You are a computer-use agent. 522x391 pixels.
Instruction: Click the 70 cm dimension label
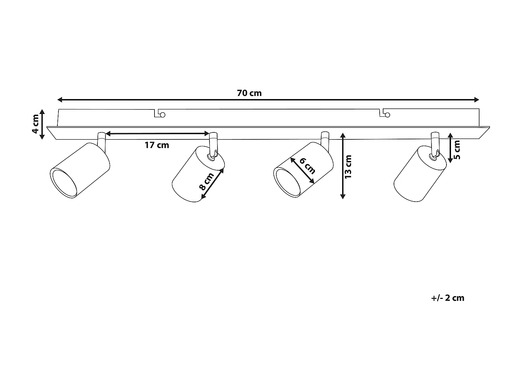[x=249, y=93]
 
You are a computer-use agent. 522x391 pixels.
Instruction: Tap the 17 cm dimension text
[x=157, y=145]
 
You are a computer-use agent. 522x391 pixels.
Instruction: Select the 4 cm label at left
[x=35, y=124]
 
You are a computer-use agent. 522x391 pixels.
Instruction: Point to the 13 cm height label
[x=348, y=167]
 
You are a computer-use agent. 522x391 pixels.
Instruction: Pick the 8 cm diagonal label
[x=206, y=182]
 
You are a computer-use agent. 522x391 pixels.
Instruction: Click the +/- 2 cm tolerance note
[x=448, y=298]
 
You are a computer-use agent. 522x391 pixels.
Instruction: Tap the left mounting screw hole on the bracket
[x=162, y=115]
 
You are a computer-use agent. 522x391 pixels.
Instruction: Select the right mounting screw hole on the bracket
[x=387, y=115]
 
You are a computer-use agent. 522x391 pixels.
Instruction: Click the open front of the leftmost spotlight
[x=64, y=183]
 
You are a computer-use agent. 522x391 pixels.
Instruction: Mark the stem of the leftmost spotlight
[x=102, y=140]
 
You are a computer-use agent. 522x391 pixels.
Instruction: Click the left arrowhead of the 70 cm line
[x=60, y=100]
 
